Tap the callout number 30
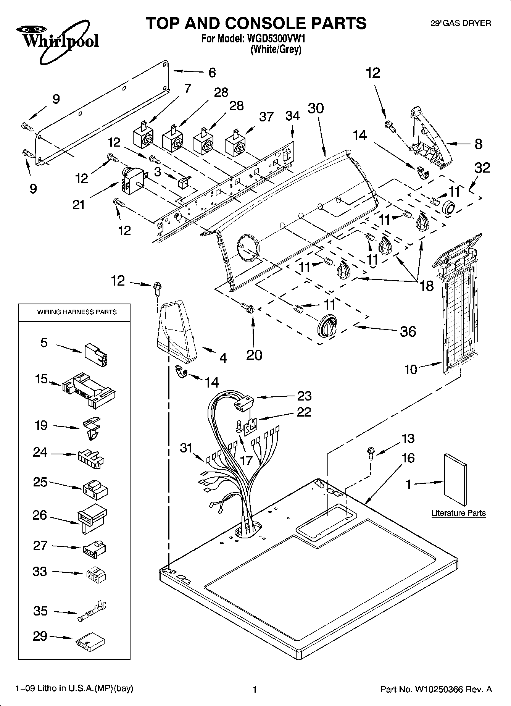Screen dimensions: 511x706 [316, 108]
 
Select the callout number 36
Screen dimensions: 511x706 [408, 331]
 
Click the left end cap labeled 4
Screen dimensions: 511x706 [177, 331]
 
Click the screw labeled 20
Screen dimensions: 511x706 [247, 307]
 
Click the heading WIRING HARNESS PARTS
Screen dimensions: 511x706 [77, 312]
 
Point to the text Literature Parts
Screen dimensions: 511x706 [458, 513]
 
